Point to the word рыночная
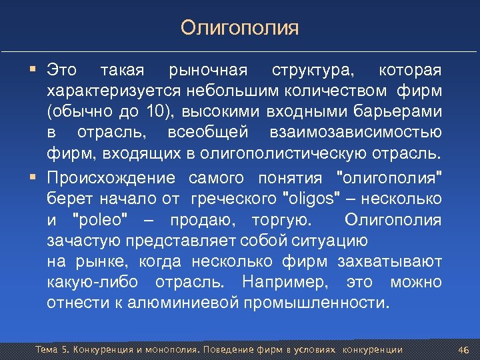[209, 70]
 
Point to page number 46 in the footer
[465, 349]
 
